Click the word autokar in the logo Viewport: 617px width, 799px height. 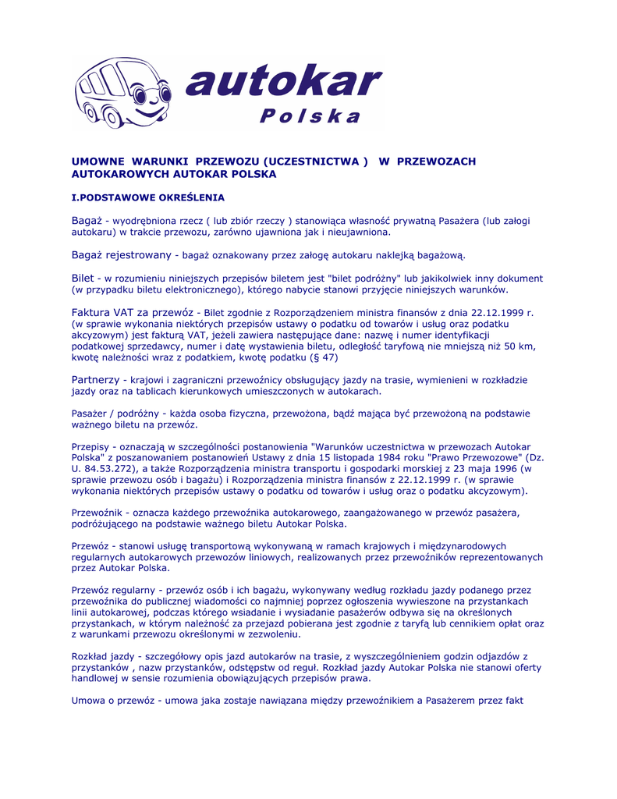click(x=285, y=82)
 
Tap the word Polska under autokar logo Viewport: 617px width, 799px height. click(x=310, y=117)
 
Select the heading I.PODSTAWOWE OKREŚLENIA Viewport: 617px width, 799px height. click(x=148, y=198)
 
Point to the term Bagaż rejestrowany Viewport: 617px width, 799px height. click(x=122, y=255)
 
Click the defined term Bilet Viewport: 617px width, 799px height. click(x=83, y=278)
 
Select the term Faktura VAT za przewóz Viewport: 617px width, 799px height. click(x=133, y=312)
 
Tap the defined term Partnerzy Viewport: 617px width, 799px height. click(x=95, y=379)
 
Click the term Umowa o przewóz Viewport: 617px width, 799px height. click(x=112, y=701)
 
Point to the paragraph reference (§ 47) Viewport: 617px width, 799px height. click(x=323, y=357)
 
